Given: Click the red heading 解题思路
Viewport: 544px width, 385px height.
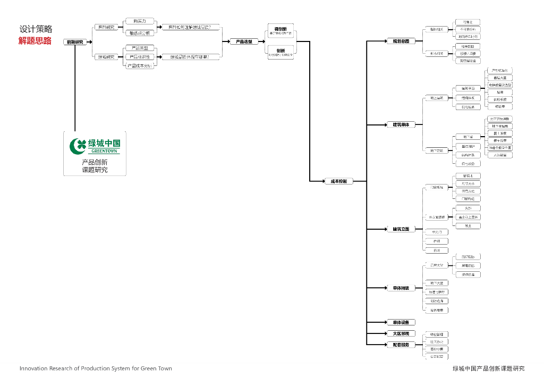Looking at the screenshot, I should [35, 41].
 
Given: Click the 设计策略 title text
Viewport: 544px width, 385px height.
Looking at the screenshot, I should [36, 30].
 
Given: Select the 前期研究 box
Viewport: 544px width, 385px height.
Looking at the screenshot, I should [75, 41].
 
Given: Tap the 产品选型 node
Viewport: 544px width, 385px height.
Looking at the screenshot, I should [244, 41].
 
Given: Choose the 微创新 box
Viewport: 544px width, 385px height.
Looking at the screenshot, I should [280, 31].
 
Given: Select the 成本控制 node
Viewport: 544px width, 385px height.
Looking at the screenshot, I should [338, 181].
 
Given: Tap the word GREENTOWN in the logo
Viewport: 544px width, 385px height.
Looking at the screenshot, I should [103, 152].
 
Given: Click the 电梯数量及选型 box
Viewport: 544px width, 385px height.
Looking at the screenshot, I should [500, 85].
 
